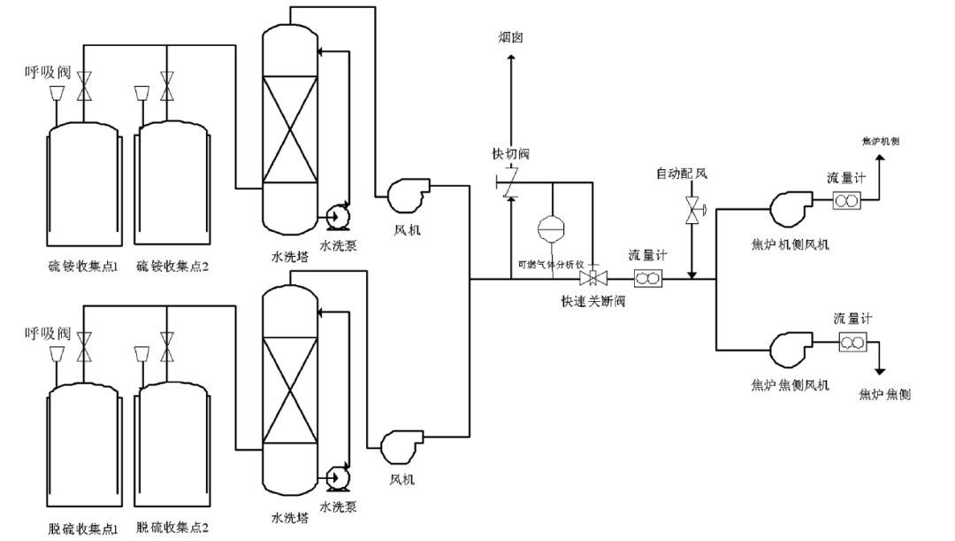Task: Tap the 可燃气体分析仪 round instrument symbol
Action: tap(552, 227)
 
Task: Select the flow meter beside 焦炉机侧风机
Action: tap(847, 202)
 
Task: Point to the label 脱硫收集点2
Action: tap(173, 528)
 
